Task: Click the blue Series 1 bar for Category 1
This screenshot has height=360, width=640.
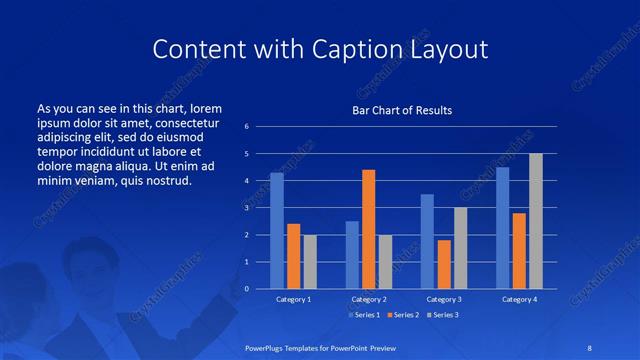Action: [x=277, y=231]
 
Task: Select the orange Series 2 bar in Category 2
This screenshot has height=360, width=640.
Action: [x=369, y=229]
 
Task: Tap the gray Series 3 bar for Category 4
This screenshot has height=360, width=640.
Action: [x=536, y=221]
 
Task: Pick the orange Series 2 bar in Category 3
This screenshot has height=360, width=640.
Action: [x=444, y=264]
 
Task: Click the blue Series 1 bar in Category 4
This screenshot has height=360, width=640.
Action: [x=502, y=228]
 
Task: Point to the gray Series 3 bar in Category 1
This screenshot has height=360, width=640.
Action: [x=310, y=262]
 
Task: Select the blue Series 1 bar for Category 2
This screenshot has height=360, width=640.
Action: [x=352, y=255]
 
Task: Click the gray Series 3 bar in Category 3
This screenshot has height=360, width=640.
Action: [x=461, y=248]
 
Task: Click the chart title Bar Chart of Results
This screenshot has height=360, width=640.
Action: [x=402, y=109]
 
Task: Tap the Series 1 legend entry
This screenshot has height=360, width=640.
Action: [x=364, y=316]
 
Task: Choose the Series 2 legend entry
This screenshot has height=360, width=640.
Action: [x=402, y=316]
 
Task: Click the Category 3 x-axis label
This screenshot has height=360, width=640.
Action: [x=444, y=299]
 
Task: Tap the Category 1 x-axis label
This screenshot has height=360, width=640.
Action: [x=294, y=299]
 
